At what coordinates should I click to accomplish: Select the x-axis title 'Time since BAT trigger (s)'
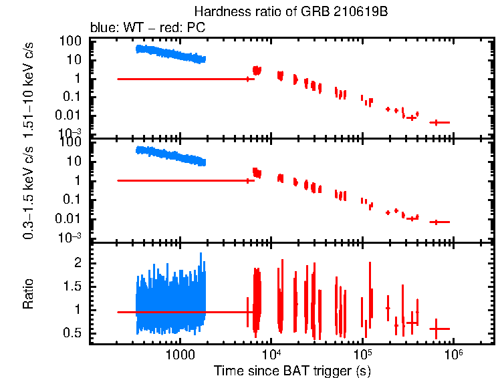[x=292, y=370]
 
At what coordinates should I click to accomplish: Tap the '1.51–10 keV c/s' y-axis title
[x=29, y=89]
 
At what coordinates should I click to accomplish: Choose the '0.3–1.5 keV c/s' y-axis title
[x=29, y=191]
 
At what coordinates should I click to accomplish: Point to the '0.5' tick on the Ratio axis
[x=72, y=333]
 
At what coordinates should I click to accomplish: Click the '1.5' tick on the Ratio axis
[x=72, y=287]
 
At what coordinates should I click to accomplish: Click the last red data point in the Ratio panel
[x=439, y=329]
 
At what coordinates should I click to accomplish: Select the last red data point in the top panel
[x=439, y=122]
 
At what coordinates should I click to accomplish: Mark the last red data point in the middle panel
[x=439, y=222]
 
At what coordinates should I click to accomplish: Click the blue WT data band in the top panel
[x=170, y=54]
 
